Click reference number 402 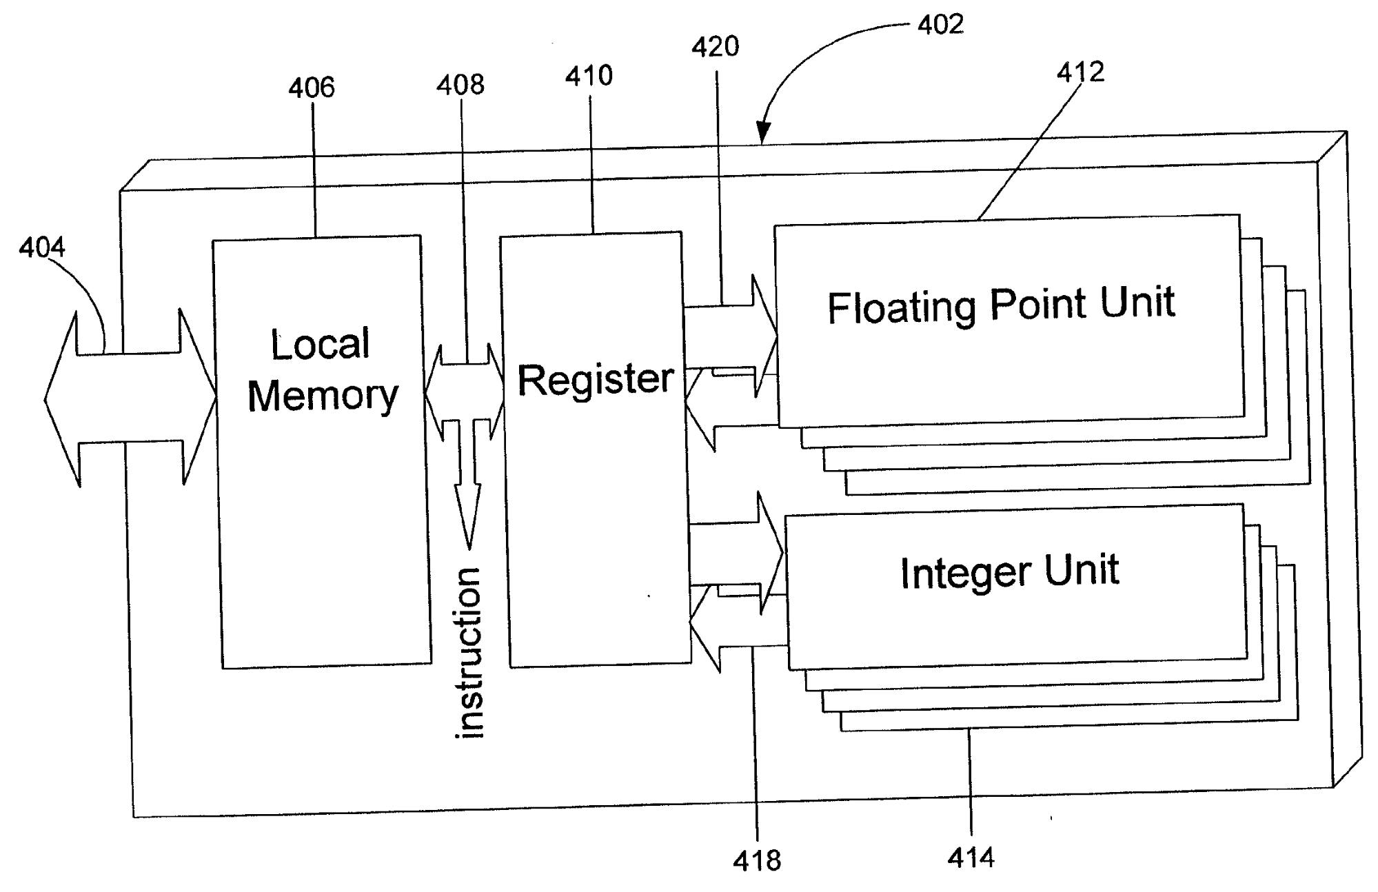(940, 25)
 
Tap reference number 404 (42, 247)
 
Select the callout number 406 (312, 88)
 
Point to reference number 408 (460, 85)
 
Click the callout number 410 (589, 76)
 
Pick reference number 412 (1080, 72)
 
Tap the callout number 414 (971, 858)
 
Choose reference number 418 (757, 861)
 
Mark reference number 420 (716, 47)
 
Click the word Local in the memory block (321, 344)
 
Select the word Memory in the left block (323, 396)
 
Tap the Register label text (596, 379)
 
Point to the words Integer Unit (1009, 571)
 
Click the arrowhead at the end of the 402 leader (762, 134)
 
